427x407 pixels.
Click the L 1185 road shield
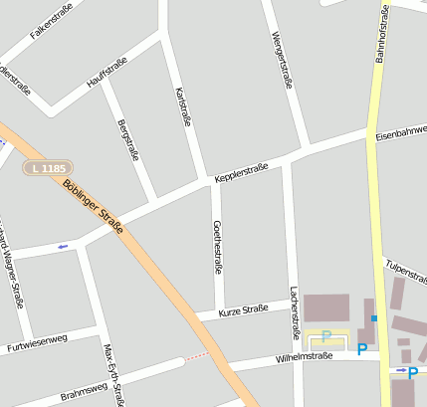[x=48, y=168]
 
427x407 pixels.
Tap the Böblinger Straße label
[x=93, y=206]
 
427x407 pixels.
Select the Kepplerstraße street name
[x=241, y=172]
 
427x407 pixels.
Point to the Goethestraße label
[x=216, y=247]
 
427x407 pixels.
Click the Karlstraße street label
[x=183, y=106]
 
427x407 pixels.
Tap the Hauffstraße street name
[x=107, y=72]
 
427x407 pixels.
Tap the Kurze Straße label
[x=242, y=310]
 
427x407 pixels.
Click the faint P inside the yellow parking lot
[x=326, y=335]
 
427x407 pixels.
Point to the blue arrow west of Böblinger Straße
[x=64, y=246]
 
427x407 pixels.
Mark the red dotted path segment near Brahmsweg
[x=198, y=355]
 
